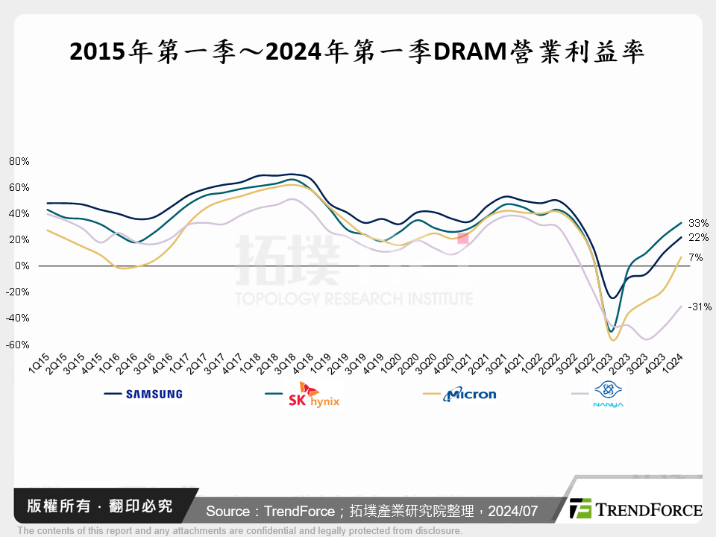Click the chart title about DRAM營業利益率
[357, 52]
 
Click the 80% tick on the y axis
[19, 161]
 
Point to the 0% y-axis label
[22, 266]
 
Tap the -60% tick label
[18, 345]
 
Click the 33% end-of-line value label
[699, 223]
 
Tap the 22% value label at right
[699, 238]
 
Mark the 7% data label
[696, 257]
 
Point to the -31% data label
[700, 307]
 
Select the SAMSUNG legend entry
[154, 395]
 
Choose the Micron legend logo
[469, 394]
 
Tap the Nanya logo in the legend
[608, 394]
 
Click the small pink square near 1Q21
[463, 238]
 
